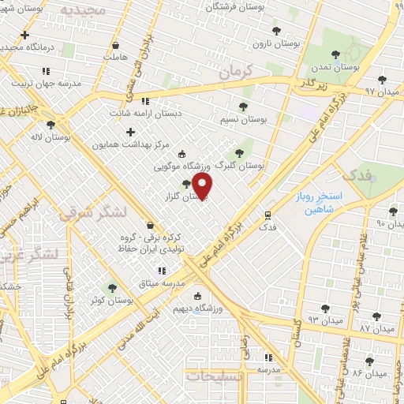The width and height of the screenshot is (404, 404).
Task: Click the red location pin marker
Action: tap(203, 186)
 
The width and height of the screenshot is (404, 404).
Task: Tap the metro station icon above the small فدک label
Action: tap(268, 214)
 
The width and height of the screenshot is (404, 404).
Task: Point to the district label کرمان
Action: tap(235, 73)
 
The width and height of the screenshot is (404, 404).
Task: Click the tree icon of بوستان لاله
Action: tap(51, 125)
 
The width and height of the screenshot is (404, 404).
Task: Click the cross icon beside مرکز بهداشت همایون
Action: tap(130, 132)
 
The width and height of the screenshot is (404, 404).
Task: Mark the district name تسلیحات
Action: tap(215, 376)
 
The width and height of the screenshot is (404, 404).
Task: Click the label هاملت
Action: tap(115, 57)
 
